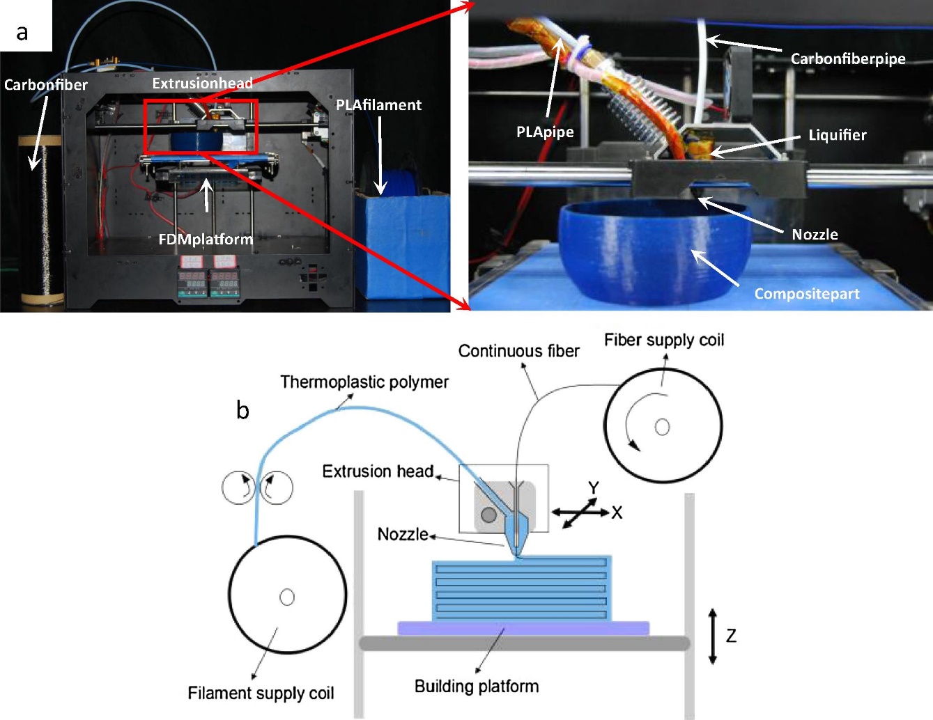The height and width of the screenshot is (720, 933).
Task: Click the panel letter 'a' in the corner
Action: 22,31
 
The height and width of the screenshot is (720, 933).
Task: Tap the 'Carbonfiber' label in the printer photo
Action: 46,85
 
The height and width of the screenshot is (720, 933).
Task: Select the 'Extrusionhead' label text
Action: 202,84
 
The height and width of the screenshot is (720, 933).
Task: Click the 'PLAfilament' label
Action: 378,105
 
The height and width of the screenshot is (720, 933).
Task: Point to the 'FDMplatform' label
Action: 206,239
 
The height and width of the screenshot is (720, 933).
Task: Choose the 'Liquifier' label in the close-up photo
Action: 837,135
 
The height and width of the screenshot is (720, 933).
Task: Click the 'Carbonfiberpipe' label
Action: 847,59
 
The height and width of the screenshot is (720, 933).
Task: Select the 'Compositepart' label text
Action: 806,294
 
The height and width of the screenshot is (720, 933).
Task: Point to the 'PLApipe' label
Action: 545,132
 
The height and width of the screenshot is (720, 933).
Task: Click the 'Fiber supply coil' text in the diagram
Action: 663,340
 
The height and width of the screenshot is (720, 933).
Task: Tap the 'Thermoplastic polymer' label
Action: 364,382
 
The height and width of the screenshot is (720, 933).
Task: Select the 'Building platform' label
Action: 477,687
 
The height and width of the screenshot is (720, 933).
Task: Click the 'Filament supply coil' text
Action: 261,694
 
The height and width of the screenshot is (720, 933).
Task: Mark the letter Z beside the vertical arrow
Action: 731,636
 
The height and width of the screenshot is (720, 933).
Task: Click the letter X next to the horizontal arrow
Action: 617,513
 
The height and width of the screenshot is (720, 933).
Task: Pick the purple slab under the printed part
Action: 523,628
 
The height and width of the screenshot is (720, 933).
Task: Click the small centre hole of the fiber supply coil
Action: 662,427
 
